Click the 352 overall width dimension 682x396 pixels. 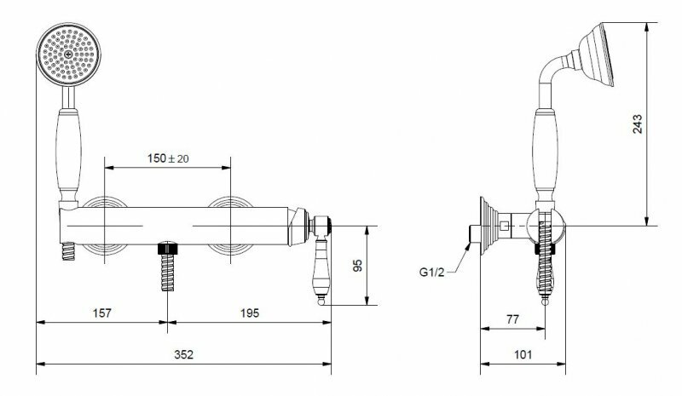(183, 355)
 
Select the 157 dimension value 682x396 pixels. (101, 313)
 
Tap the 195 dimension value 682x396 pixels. (250, 313)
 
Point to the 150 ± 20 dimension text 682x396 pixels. (168, 158)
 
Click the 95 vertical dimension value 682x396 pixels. (357, 266)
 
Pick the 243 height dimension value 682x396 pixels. (637, 123)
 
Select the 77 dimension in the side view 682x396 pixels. (513, 319)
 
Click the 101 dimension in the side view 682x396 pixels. (523, 355)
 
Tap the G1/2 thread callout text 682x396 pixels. (432, 273)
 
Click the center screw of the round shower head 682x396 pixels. (69, 55)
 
